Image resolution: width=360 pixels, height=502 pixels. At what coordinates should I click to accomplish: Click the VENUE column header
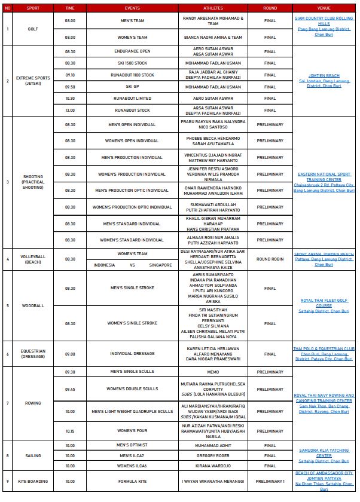click(x=324, y=9)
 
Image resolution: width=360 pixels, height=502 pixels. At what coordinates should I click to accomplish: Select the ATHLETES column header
click(x=213, y=9)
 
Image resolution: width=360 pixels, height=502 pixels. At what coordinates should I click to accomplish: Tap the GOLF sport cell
click(x=33, y=29)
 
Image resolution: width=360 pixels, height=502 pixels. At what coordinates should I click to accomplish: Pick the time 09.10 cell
click(x=70, y=75)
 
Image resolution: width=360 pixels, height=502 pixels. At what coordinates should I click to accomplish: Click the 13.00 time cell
click(x=70, y=110)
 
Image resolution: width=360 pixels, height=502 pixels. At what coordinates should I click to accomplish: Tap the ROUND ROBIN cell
click(x=270, y=259)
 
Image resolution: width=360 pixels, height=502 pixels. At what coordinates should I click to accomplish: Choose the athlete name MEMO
click(x=213, y=372)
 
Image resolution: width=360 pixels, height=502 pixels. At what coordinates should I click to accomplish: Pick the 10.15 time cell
click(x=70, y=431)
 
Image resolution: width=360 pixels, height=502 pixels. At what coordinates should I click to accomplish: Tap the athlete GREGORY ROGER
click(x=213, y=455)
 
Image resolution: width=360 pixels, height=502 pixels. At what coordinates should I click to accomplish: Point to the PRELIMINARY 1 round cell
click(x=270, y=480)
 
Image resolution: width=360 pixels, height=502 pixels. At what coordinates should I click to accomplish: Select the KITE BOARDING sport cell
click(x=33, y=480)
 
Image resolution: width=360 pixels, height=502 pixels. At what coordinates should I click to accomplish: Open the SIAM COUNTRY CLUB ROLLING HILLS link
click(x=324, y=20)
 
